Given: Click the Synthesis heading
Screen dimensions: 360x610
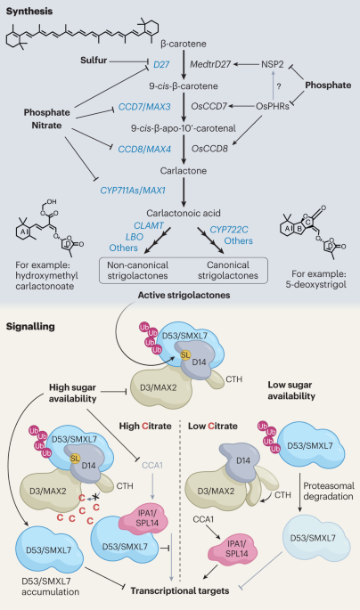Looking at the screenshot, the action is point(29,11).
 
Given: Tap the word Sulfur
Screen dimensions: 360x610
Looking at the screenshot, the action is point(94,60).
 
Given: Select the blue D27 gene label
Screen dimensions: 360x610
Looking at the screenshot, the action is point(161,64).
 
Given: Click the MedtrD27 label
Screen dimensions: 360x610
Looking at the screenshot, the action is point(210,64).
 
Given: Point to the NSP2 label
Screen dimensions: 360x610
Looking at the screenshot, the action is point(273,64).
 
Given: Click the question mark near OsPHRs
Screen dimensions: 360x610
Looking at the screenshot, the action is point(278,85).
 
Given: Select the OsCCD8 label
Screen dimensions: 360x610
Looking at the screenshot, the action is point(209,148).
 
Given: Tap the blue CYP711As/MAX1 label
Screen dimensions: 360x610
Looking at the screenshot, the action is point(133,191).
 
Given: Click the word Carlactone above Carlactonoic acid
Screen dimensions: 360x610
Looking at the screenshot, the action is point(184,170).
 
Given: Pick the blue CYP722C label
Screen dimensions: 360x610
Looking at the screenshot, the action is point(229,230).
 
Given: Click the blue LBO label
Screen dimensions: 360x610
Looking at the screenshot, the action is point(135,237).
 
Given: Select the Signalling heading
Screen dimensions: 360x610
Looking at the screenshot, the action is point(30,326).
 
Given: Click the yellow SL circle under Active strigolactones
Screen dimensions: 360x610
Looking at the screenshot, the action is point(185,354).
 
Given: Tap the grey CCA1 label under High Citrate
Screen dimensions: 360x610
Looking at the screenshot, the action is point(152,465).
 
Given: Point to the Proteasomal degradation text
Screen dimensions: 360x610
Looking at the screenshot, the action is point(329,491).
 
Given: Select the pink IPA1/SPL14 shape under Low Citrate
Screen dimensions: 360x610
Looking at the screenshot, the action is point(233,549).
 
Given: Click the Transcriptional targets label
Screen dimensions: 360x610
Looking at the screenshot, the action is point(180,591).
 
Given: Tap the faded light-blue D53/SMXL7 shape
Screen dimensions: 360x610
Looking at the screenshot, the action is point(315,539).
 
